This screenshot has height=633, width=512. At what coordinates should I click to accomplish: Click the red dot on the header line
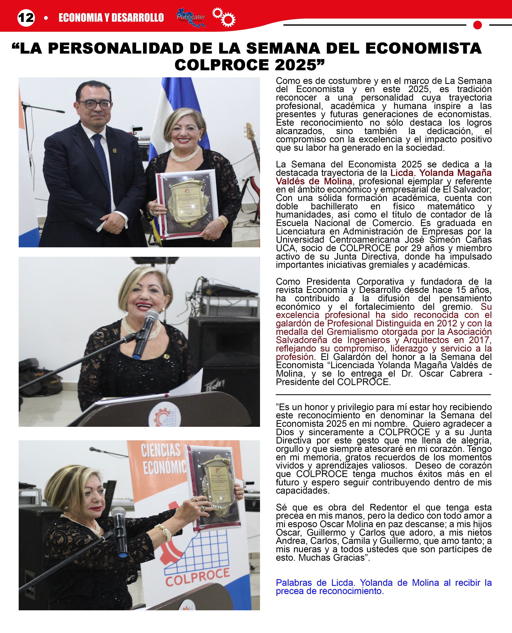(x=477, y=25)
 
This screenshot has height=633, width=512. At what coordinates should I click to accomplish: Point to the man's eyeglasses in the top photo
(x=94, y=104)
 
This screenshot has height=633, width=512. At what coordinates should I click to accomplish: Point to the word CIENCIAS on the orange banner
(x=161, y=450)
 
